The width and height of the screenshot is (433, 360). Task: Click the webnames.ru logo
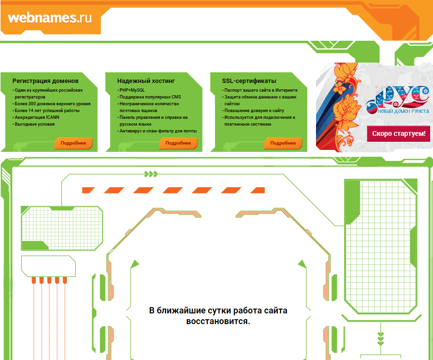[x=50, y=18]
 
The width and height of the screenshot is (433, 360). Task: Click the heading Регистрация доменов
[x=45, y=81]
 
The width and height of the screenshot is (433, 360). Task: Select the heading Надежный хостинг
[x=146, y=81]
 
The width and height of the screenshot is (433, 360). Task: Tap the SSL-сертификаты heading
[x=249, y=81]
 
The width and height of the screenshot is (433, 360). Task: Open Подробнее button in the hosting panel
[x=178, y=143]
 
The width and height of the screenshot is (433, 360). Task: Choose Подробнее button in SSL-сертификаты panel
[x=283, y=143]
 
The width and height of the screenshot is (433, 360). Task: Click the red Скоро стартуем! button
[x=399, y=133]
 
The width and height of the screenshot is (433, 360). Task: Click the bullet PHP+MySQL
[x=132, y=90]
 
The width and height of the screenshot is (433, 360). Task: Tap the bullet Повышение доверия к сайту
[x=254, y=111]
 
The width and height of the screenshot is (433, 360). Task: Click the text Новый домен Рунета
[x=403, y=111]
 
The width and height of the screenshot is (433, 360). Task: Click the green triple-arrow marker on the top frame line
[x=151, y=174]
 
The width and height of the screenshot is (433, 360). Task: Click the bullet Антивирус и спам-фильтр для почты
[x=158, y=131]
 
